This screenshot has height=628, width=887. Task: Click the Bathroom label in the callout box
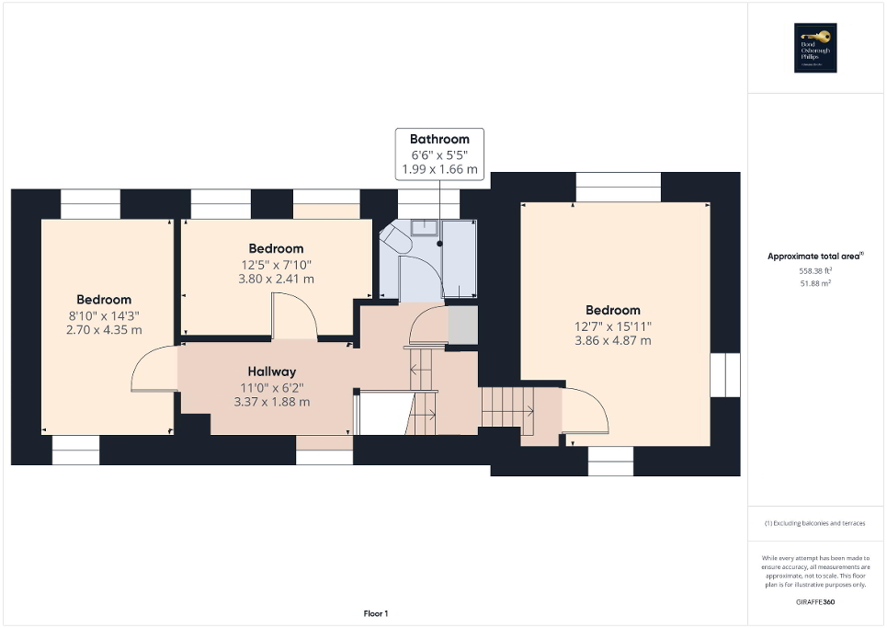(x=439, y=139)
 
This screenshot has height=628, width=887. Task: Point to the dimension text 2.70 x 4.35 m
(x=104, y=329)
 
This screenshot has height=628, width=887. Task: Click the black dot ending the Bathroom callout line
(x=439, y=244)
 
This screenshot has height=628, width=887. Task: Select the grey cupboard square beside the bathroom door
(x=461, y=325)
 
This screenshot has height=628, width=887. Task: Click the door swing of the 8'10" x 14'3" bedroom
(x=152, y=368)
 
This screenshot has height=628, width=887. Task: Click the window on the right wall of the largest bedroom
(x=725, y=375)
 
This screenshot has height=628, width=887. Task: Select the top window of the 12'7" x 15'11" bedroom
(x=618, y=187)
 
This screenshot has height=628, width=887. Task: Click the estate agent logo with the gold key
(x=816, y=47)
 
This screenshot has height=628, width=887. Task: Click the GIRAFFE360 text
(x=816, y=600)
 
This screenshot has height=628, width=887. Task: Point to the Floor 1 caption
(x=375, y=613)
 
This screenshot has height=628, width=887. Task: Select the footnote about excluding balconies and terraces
(x=816, y=523)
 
